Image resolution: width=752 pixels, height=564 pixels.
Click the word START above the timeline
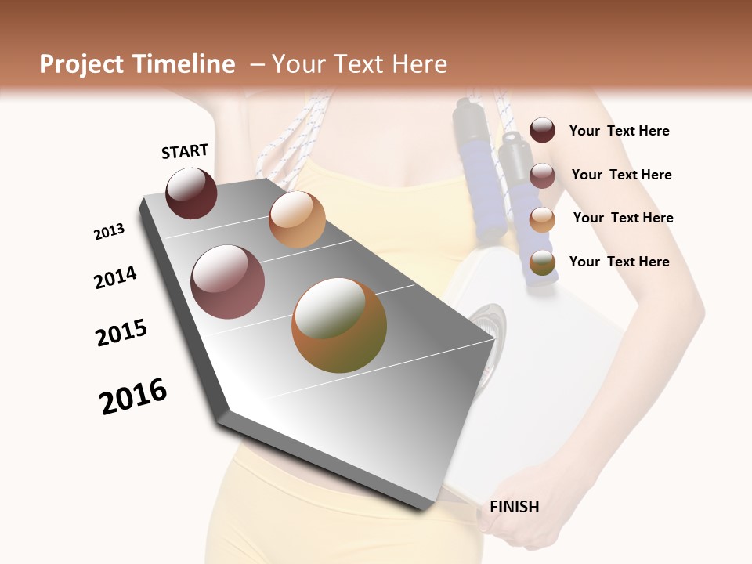[x=185, y=151]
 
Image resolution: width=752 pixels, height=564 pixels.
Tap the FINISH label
[x=514, y=507]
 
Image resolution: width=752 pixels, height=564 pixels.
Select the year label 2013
[x=109, y=232]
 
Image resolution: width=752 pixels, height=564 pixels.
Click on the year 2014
[x=115, y=277]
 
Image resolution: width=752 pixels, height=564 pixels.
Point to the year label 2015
[x=121, y=332]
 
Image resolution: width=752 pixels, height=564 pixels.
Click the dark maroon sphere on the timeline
[x=191, y=193]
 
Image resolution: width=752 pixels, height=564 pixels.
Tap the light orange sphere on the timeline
[x=297, y=219]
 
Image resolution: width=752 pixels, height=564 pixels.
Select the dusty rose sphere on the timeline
[x=228, y=282]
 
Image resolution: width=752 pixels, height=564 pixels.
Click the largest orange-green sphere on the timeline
[x=339, y=325]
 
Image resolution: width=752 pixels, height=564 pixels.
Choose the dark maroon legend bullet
[x=542, y=131]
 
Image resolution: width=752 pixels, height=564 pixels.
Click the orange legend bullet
[x=542, y=219]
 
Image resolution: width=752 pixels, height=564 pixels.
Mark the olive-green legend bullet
[x=542, y=263]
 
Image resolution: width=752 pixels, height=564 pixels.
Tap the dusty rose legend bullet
[x=542, y=175]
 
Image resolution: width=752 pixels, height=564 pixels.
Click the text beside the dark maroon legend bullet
[x=619, y=131]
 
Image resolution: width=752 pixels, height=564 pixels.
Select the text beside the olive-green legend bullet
[x=619, y=262]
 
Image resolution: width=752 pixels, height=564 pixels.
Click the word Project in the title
[x=82, y=64]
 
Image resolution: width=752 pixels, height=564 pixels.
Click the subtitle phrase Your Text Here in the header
[x=360, y=64]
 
